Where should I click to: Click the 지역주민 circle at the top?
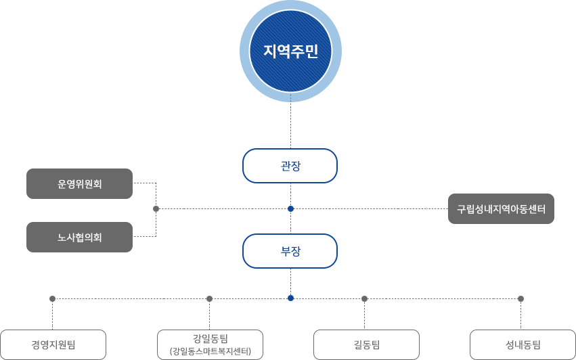click(x=290, y=51)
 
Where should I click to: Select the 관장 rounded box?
click(x=290, y=166)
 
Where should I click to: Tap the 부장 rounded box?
click(x=290, y=251)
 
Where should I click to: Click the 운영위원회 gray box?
click(x=79, y=183)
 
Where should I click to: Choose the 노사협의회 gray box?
click(x=79, y=237)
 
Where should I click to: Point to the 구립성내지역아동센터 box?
click(x=501, y=208)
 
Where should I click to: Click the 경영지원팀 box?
click(x=53, y=344)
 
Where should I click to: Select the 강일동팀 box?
click(x=209, y=344)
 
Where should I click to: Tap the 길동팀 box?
click(x=365, y=344)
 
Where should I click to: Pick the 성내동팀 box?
click(x=522, y=344)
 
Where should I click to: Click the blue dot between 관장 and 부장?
click(x=290, y=208)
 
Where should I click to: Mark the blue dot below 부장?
click(x=290, y=298)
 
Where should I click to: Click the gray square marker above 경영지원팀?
click(x=52, y=298)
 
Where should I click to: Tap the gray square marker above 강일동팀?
click(x=209, y=298)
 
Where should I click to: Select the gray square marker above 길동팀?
click(x=364, y=298)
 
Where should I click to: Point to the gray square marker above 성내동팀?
click(x=520, y=298)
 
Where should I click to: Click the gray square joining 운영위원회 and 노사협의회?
click(x=156, y=208)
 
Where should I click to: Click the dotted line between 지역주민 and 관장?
click(x=290, y=126)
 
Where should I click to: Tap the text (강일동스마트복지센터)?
click(x=209, y=352)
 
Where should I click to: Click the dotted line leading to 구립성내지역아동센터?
click(x=369, y=208)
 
